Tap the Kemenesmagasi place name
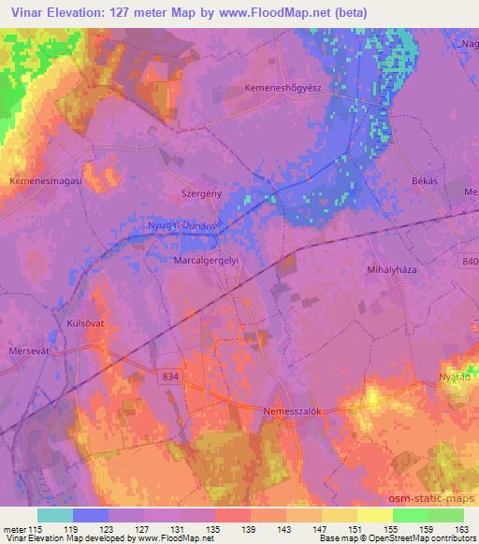[46, 180]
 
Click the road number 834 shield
[169, 375]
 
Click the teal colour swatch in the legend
[55, 515]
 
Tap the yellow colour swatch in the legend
[375, 515]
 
